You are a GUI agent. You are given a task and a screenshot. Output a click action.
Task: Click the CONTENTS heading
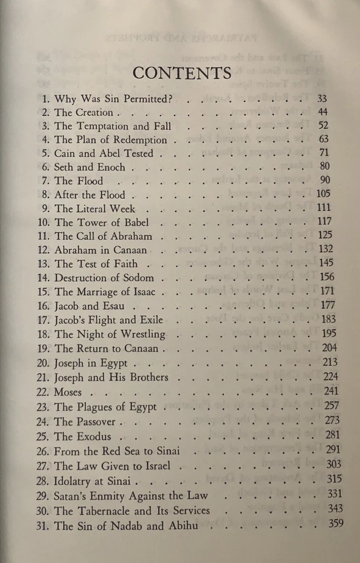[181, 74]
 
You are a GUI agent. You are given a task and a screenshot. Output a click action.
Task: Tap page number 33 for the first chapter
[323, 99]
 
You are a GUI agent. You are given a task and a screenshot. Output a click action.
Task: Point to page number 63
[323, 139]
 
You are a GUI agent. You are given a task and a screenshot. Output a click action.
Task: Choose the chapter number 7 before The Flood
[46, 181]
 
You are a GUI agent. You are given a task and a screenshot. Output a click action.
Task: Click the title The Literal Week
[94, 209]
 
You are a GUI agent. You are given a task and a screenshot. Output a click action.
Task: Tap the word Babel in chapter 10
[136, 222]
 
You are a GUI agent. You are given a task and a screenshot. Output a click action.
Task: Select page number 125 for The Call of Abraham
[326, 235]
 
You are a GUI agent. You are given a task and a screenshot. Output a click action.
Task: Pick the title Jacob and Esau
[90, 306]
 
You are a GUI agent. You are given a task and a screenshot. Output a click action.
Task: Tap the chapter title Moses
[68, 392]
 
